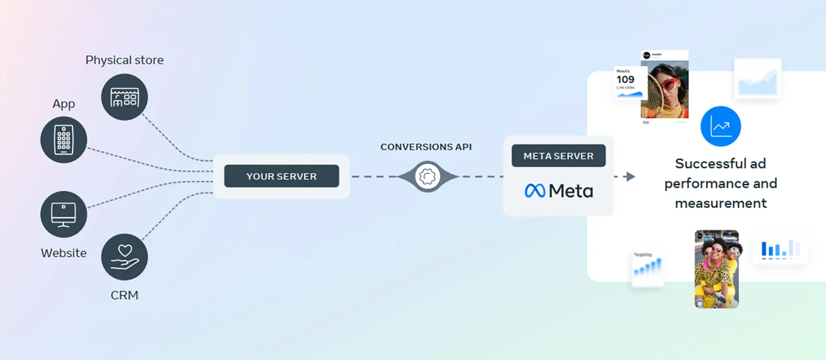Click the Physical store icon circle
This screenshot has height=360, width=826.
124,97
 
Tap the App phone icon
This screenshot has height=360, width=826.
63,140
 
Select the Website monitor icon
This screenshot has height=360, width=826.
63,214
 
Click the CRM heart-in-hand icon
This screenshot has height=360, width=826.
124,257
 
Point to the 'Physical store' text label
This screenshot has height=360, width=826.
124,60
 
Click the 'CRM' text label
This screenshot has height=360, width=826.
124,295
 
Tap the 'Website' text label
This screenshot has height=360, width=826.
63,253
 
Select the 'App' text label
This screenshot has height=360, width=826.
63,104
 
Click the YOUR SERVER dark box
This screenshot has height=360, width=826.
281,176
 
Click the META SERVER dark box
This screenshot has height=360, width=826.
558,156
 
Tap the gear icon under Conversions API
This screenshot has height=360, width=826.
427,177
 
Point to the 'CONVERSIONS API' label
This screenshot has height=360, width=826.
426,147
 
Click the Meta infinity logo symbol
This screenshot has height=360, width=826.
535,191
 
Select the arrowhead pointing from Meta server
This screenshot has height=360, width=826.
630,177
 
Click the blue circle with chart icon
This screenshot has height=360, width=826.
720,127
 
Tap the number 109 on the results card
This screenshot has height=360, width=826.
625,80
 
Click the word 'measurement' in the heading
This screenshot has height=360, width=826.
721,204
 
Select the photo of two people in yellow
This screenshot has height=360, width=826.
717,269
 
